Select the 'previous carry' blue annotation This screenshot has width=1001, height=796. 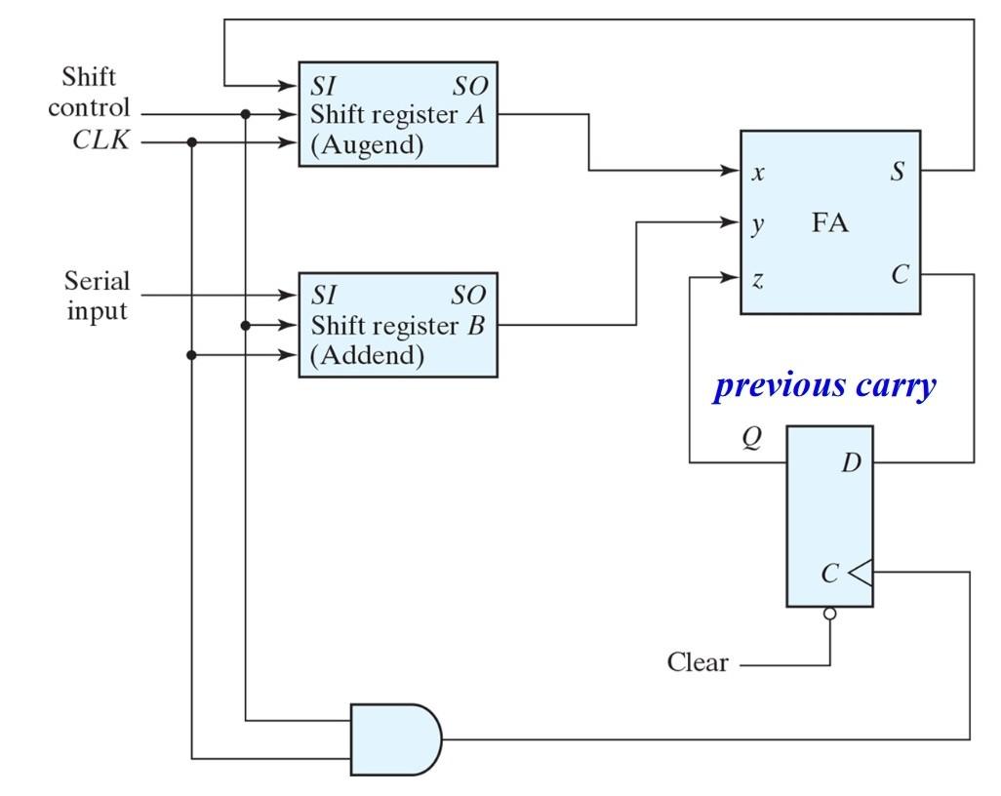tap(825, 386)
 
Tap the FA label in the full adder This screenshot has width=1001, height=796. tap(830, 223)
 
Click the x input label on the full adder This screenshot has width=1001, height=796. tap(758, 173)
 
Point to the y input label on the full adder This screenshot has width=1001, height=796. tap(758, 224)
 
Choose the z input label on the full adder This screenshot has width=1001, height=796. tap(758, 280)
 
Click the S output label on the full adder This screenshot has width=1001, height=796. tap(897, 172)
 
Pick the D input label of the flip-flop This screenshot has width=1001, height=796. tap(852, 461)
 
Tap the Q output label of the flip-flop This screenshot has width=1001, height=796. tap(750, 439)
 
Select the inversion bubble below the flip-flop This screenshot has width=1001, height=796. tap(830, 614)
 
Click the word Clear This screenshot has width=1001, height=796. tap(697, 663)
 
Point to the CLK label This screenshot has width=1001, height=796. tap(101, 142)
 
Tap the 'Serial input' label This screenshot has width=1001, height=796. tap(97, 297)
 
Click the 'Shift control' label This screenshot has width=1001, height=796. tap(89, 93)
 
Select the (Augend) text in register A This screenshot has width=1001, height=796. tap(367, 146)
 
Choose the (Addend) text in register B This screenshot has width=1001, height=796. tap(367, 356)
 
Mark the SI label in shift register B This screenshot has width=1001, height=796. tap(324, 294)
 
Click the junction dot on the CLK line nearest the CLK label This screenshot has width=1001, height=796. tap(192, 142)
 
